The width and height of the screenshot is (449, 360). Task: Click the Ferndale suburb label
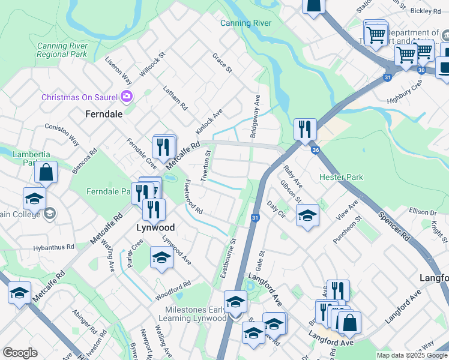[104, 113]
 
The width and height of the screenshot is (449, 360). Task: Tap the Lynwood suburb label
[155, 228]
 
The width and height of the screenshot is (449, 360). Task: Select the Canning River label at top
[246, 23]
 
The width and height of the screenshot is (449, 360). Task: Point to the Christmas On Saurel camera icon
[127, 96]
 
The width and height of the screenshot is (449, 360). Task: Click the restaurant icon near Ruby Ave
[305, 129]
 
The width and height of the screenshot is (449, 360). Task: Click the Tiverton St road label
[207, 169]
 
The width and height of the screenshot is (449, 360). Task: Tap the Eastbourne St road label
[230, 259]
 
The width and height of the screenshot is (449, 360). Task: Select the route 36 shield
[315, 150]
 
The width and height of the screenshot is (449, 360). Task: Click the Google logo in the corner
[19, 353]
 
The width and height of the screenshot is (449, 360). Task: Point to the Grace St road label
[221, 63]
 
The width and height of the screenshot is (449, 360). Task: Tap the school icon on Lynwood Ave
[161, 257]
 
